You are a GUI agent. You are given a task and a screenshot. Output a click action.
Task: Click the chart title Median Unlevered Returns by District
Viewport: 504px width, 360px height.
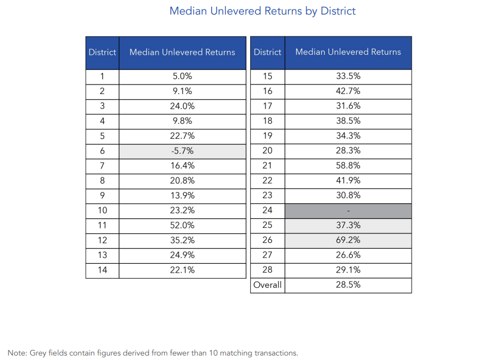coord(262,11)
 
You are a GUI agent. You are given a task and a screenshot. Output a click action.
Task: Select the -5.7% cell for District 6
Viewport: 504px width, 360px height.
coord(183,151)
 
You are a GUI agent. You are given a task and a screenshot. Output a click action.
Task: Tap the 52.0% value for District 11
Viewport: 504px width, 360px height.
coord(183,226)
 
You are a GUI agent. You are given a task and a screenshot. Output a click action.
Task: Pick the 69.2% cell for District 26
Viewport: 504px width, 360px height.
coord(348,240)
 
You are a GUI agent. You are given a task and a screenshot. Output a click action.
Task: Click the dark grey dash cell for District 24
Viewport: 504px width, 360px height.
coord(348,211)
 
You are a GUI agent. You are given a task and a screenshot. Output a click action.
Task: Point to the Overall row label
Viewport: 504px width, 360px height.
coord(268,285)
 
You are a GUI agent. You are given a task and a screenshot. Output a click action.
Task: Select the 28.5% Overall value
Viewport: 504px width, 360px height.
coord(348,285)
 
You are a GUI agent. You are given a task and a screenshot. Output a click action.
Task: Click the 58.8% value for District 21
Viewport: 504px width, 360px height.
coord(348,166)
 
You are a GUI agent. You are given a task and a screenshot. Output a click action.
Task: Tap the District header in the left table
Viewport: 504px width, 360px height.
coord(102,53)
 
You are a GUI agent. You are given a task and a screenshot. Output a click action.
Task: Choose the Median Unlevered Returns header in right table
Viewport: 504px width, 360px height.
coord(348,53)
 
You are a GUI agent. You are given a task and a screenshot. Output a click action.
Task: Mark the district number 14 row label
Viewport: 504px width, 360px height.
coord(102,270)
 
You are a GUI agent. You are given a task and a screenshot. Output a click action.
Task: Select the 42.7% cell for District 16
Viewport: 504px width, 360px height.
coord(348,91)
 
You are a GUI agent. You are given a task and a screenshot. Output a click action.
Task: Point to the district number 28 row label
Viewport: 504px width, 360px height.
coord(268,270)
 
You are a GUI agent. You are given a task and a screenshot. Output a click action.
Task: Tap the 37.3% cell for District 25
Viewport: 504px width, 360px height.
coord(348,226)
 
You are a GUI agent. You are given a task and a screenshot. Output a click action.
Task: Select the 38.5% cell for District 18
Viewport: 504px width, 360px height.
coord(348,121)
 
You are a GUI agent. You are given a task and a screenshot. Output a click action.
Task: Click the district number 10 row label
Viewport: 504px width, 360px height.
coord(102,211)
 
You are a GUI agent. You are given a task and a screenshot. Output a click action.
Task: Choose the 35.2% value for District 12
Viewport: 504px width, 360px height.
coord(183,241)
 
